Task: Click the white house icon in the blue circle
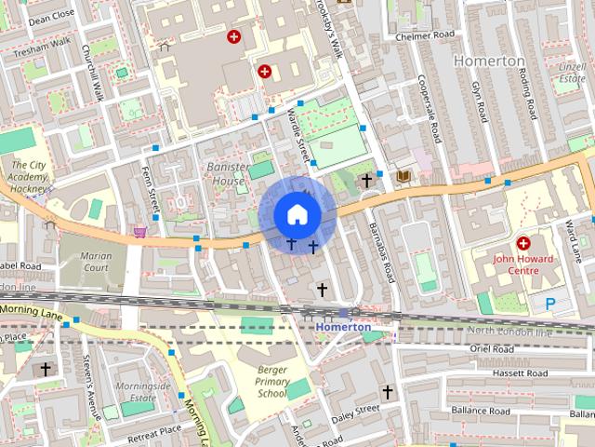(297, 214)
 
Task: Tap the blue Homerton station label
(342, 327)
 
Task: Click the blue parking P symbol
(550, 303)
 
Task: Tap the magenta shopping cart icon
(140, 231)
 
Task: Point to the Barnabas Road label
(381, 251)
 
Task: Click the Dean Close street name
(51, 16)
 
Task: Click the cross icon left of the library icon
(367, 179)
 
